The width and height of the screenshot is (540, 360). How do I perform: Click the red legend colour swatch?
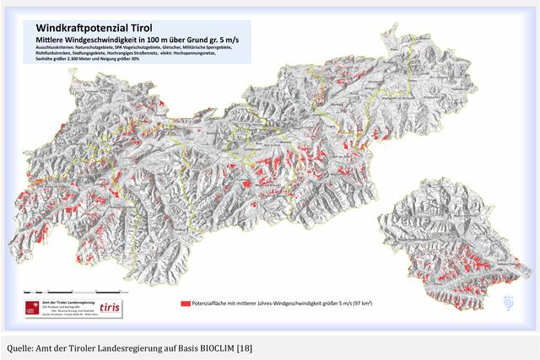pos(185,301)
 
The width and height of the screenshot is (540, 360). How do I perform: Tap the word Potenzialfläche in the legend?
pos(212,301)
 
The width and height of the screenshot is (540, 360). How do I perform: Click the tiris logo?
pos(110,309)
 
